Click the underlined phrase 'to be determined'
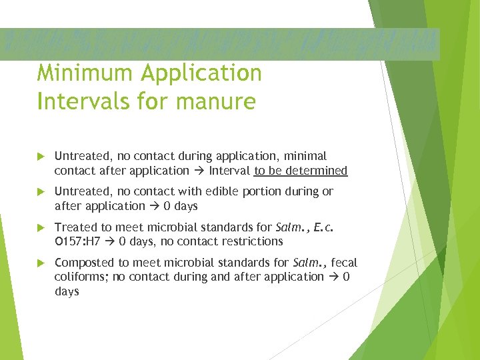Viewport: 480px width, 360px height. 301,171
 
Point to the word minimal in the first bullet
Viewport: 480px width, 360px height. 304,156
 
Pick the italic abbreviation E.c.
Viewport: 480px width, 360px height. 321,227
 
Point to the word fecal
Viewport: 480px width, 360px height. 344,262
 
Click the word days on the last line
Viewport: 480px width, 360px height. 67,291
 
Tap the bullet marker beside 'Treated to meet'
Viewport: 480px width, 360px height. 42,227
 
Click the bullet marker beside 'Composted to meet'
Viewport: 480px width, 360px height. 42,263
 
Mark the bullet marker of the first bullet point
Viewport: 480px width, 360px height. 42,157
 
